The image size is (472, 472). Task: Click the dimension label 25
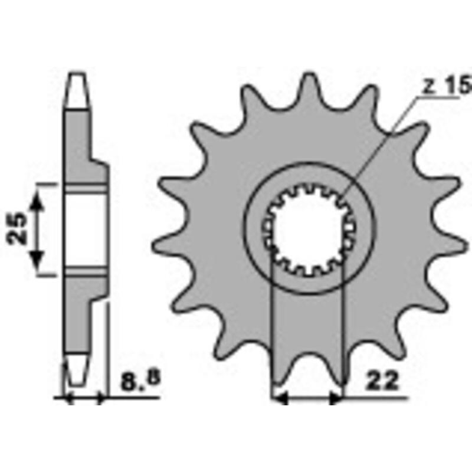(18, 228)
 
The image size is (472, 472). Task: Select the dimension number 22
(383, 381)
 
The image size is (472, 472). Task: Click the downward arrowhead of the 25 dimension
(37, 257)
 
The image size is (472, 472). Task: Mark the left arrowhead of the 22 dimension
(278, 399)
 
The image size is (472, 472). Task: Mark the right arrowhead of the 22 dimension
(336, 399)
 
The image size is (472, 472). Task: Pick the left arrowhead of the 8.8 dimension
(67, 399)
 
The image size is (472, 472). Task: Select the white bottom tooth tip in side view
(77, 369)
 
